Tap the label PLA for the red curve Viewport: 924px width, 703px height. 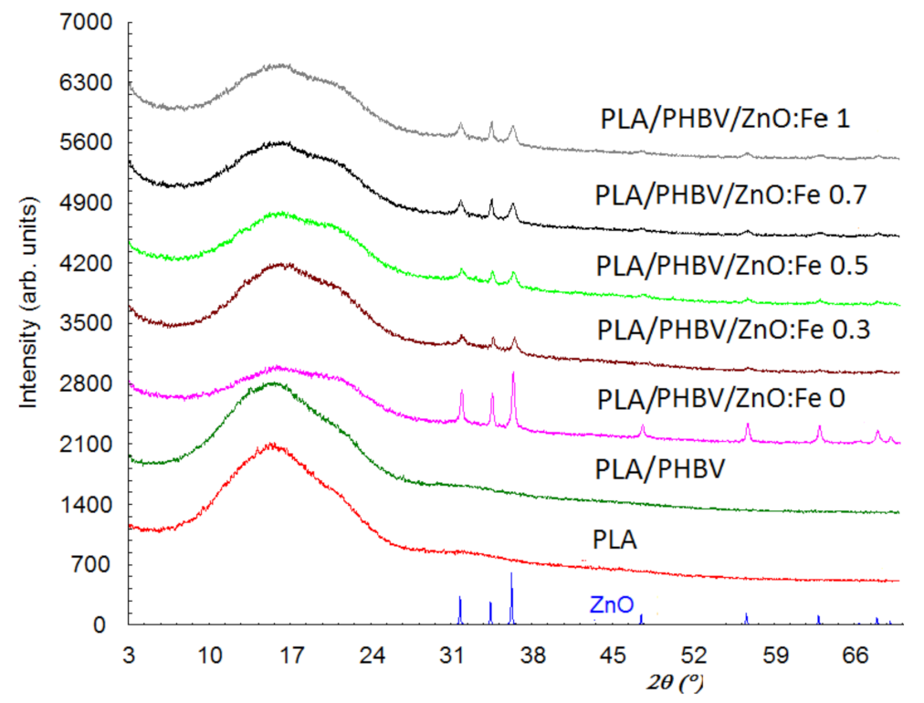click(615, 540)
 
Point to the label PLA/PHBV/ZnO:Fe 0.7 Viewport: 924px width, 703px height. click(730, 194)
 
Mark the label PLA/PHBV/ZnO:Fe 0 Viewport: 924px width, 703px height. click(720, 399)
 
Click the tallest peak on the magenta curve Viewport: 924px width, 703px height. click(513, 374)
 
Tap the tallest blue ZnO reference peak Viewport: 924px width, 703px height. click(511, 575)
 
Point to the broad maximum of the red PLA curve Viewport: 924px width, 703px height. click(272, 446)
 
